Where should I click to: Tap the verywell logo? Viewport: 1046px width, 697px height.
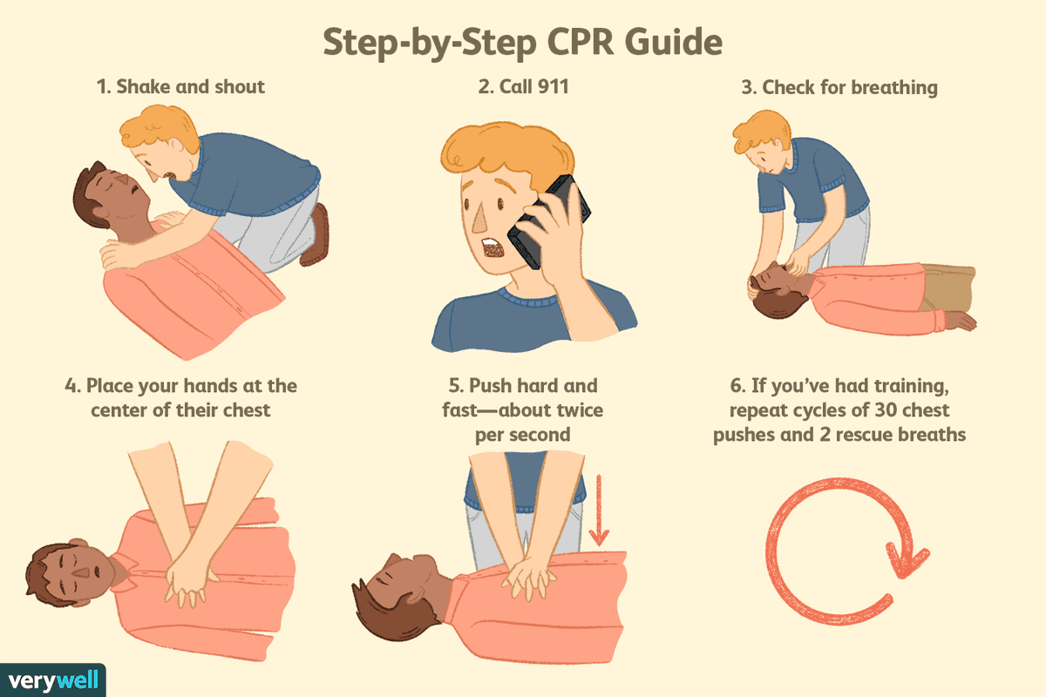click(x=53, y=680)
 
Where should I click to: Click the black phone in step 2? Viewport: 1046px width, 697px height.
click(x=547, y=222)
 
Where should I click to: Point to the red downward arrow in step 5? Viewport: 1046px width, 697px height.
click(x=599, y=511)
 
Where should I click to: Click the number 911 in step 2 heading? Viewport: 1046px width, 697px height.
click(x=553, y=87)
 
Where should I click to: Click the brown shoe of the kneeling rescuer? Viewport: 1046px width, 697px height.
click(x=316, y=234)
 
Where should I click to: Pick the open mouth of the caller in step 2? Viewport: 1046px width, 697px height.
click(x=492, y=249)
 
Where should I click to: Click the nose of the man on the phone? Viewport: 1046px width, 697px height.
click(x=480, y=218)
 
